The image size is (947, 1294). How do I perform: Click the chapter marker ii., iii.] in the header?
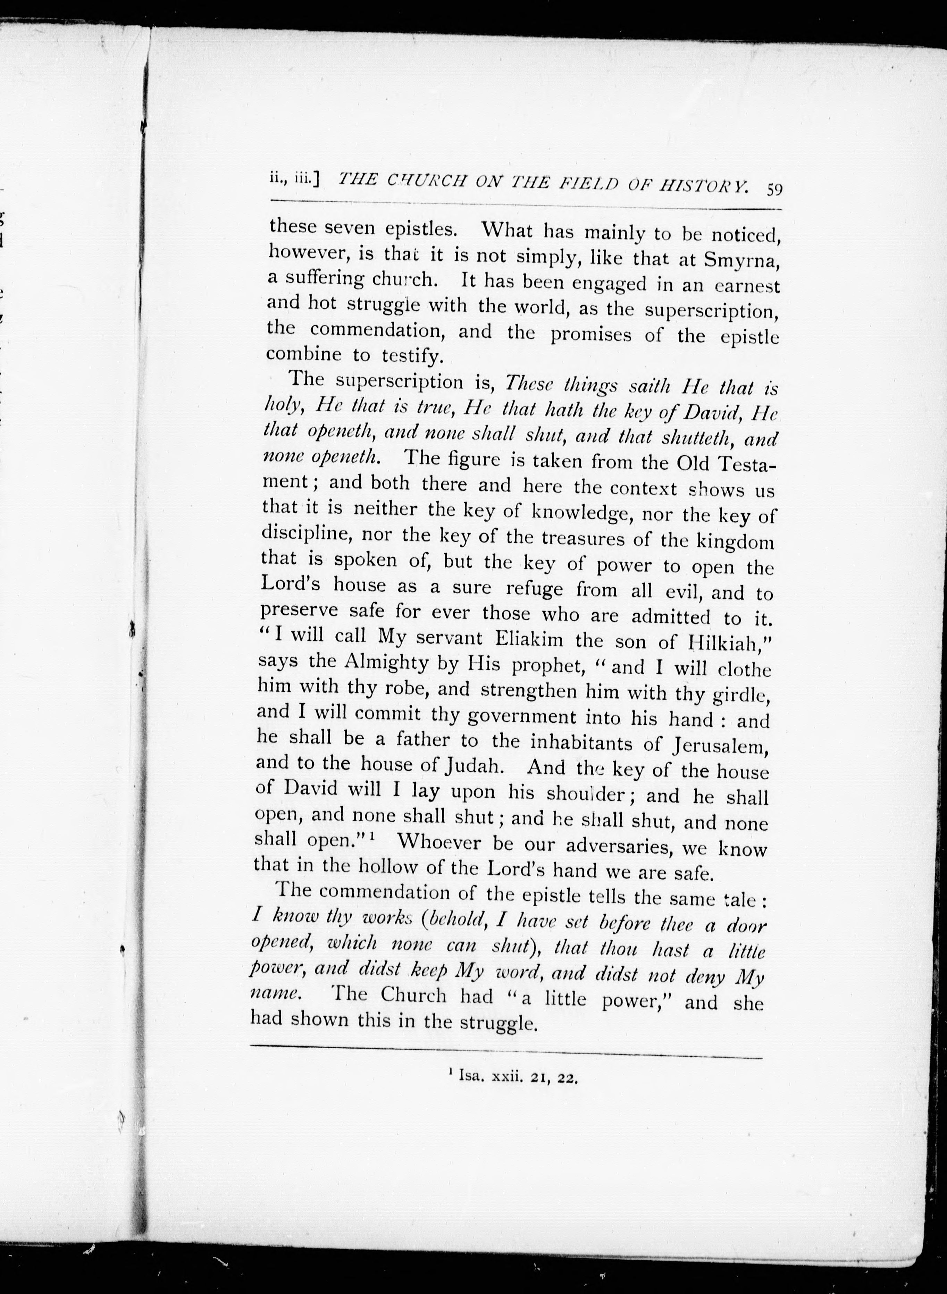293,179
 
